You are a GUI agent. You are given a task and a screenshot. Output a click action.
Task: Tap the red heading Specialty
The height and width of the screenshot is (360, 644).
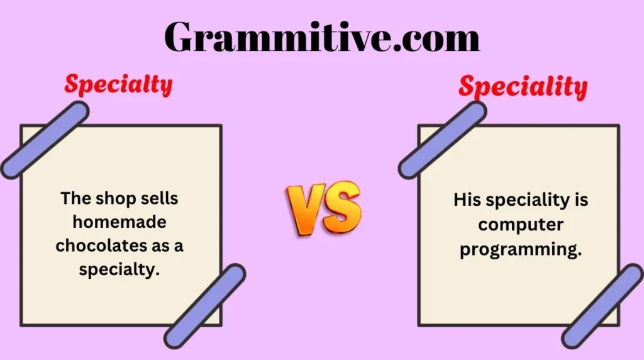click(118, 85)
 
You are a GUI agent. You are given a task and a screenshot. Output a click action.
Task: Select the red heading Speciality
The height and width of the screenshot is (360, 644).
click(523, 87)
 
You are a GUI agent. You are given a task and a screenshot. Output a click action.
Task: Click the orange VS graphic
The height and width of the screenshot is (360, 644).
click(324, 208)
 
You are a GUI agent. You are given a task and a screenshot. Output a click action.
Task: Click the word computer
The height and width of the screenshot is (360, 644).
click(520, 225)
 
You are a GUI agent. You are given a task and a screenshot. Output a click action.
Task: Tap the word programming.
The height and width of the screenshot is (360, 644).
click(520, 249)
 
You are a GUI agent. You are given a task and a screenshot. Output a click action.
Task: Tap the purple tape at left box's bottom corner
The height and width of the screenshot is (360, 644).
click(205, 306)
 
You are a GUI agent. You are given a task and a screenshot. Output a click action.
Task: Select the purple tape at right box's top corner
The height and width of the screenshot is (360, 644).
click(442, 139)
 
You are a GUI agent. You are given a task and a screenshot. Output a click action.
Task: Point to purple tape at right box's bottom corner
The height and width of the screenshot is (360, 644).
click(602, 306)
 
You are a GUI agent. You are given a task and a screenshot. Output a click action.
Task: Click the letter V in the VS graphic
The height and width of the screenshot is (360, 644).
click(306, 208)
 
